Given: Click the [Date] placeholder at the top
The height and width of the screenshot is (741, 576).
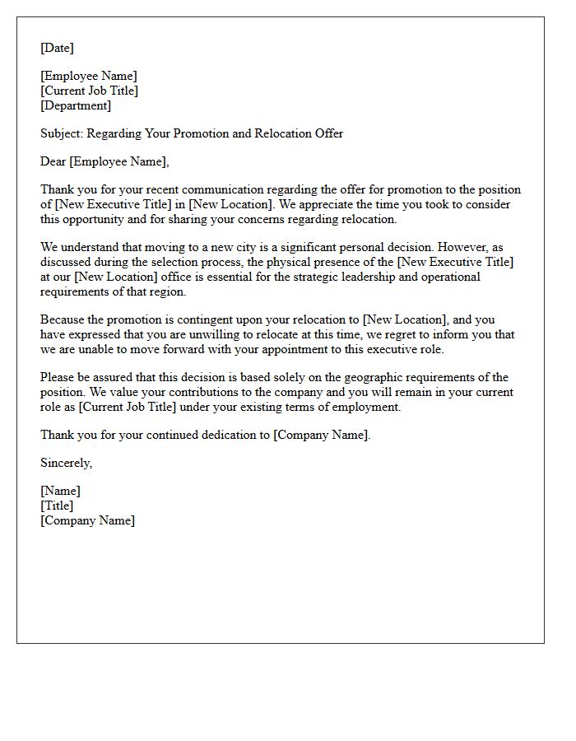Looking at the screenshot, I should coord(57,49).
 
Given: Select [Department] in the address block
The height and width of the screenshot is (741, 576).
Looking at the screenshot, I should coord(76,106).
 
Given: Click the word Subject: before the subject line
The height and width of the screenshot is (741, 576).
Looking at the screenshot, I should coord(62,133).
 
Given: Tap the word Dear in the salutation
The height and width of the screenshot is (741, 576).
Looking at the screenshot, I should coord(53,161).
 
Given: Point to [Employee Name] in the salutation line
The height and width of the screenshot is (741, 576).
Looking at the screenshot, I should coord(119,161).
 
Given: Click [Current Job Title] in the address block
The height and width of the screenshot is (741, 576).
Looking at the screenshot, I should coord(89,91).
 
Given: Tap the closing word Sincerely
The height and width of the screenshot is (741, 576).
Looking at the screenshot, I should coord(66,464).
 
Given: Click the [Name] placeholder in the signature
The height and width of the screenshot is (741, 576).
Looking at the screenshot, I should coord(60,492).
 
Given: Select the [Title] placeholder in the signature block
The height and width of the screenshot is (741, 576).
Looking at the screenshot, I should coord(57,506).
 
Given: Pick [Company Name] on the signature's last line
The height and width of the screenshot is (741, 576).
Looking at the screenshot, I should coord(87,520).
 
